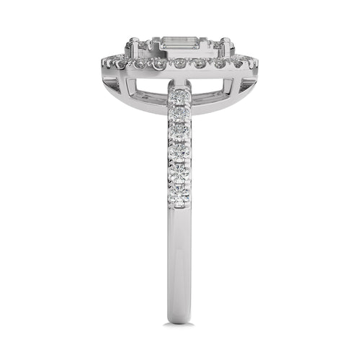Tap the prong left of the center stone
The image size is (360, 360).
133,49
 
